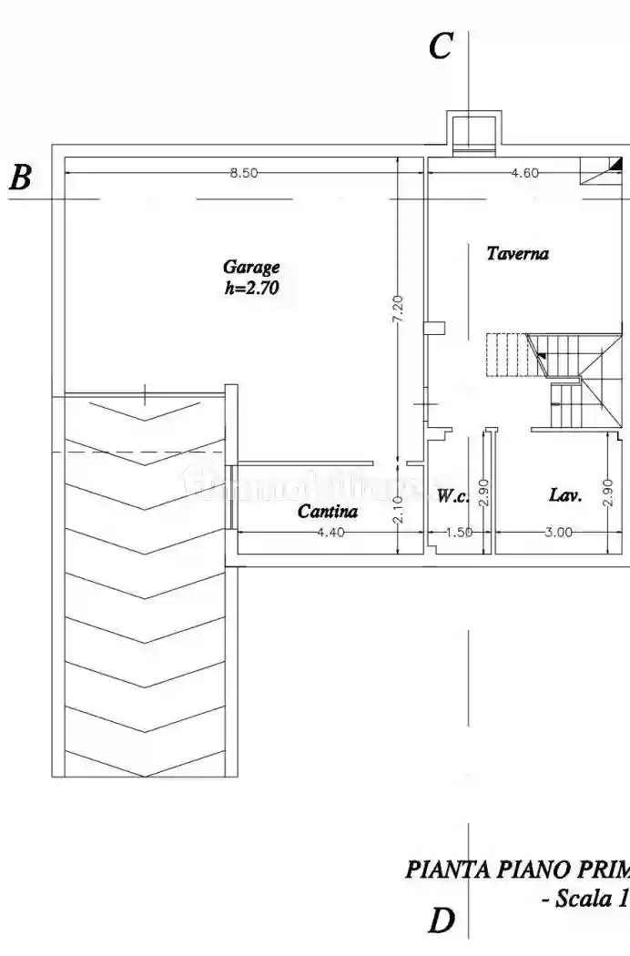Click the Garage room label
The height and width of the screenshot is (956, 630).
[x=251, y=268]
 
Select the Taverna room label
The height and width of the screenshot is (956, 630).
[x=517, y=254]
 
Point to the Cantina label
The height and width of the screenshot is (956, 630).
[x=328, y=512]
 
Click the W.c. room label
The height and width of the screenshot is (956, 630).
[x=452, y=496]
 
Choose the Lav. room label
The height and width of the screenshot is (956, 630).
[x=565, y=495]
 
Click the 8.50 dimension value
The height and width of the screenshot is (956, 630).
[x=243, y=173]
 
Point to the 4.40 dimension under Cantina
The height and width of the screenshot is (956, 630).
[x=330, y=533]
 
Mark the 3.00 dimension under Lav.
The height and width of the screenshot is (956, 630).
[x=558, y=533]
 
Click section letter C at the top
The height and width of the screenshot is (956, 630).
[x=441, y=46]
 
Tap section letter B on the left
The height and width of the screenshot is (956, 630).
[x=20, y=178]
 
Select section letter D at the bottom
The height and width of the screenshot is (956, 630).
[x=441, y=921]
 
